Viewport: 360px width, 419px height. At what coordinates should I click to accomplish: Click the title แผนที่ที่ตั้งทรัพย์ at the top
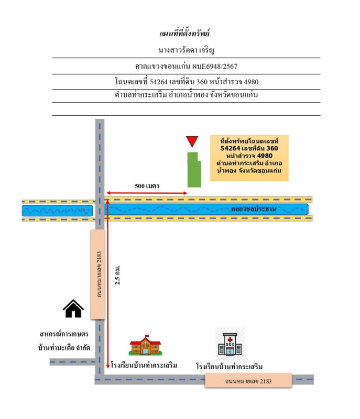click(x=184, y=34)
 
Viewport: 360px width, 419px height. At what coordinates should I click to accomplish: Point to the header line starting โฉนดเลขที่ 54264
click(x=186, y=82)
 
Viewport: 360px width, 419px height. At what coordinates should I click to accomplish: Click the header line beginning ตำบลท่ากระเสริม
click(x=186, y=96)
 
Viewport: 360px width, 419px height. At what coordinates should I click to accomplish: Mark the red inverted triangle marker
click(x=192, y=141)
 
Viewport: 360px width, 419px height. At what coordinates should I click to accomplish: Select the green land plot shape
click(x=194, y=169)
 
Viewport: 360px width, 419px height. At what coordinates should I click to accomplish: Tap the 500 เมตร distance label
click(x=147, y=186)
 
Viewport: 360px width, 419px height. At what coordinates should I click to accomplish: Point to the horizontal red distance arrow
click(x=147, y=193)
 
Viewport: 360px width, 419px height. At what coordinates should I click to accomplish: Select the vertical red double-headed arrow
click(x=107, y=283)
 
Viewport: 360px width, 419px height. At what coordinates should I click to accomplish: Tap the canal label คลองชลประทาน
click(x=253, y=209)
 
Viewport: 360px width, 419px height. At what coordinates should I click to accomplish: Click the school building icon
click(x=145, y=345)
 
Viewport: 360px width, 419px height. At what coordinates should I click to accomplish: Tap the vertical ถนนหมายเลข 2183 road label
click(x=98, y=274)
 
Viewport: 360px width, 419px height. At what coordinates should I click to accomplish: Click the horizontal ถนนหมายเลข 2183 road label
click(x=248, y=381)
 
